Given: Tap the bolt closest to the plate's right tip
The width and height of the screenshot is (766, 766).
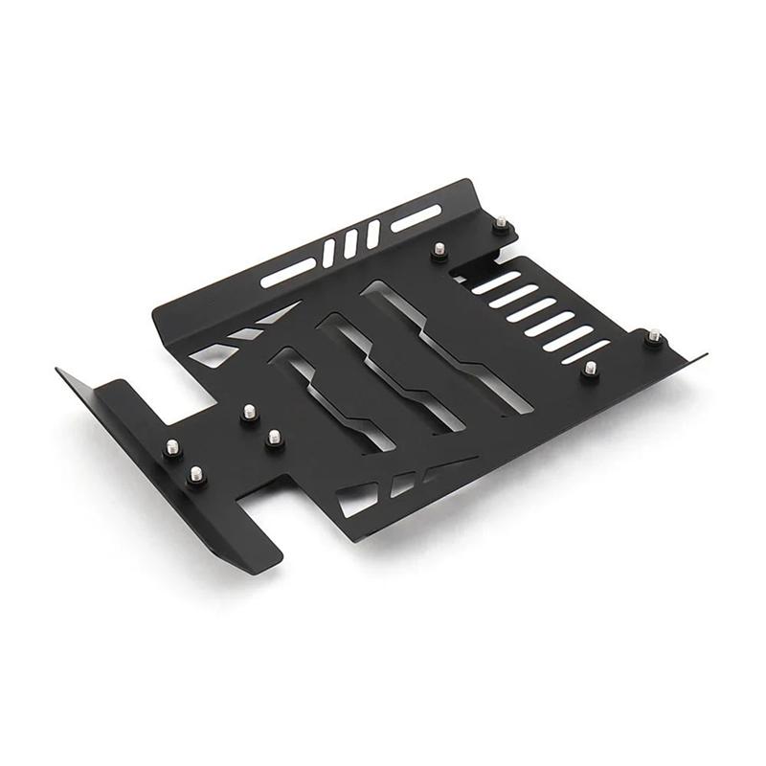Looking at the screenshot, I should (654, 336).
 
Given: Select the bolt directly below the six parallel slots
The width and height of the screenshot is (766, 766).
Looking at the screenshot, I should (591, 368).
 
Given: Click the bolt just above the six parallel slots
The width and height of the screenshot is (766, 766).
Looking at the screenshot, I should (439, 251).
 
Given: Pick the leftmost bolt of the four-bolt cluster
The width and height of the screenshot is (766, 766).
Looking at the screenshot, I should (172, 447).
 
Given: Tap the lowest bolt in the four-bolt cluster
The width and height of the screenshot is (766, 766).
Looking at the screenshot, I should (196, 474).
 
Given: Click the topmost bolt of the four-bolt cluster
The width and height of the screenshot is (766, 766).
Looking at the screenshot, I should (248, 412).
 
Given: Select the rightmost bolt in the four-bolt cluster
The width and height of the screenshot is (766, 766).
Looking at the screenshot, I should (274, 439).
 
